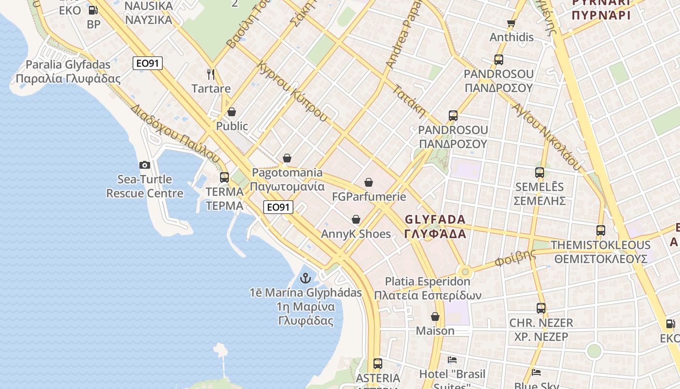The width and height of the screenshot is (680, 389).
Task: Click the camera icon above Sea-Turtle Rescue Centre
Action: (x=145, y=165)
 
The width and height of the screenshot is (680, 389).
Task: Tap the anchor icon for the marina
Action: (x=306, y=278)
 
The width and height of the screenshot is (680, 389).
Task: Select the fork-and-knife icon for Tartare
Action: (x=211, y=74)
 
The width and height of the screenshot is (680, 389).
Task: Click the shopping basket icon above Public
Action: (x=232, y=112)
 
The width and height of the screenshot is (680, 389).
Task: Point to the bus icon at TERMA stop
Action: (x=224, y=177)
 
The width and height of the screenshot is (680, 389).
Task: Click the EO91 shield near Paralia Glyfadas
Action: (x=147, y=63)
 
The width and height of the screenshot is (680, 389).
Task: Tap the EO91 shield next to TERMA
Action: (x=278, y=207)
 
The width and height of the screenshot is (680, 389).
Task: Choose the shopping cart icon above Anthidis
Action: (x=511, y=23)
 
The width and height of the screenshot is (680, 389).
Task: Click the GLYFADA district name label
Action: (x=435, y=226)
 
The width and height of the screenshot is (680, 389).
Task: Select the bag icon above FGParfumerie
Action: (x=369, y=182)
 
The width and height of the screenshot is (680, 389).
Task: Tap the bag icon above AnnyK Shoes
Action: (x=356, y=219)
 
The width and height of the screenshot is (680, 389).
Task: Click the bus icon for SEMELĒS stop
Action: (x=539, y=172)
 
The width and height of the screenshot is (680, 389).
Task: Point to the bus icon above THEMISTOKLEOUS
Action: (x=601, y=230)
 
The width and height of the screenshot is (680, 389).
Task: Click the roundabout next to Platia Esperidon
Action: (x=465, y=271)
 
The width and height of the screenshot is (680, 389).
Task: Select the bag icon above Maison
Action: (x=435, y=317)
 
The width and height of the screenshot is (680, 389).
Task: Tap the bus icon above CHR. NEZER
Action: (x=541, y=308)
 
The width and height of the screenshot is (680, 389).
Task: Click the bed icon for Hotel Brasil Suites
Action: (x=452, y=360)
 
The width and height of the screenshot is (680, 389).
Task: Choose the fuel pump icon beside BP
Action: (x=93, y=10)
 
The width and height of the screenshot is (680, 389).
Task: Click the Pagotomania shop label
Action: (x=287, y=179)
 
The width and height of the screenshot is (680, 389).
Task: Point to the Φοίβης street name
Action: (x=515, y=258)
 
